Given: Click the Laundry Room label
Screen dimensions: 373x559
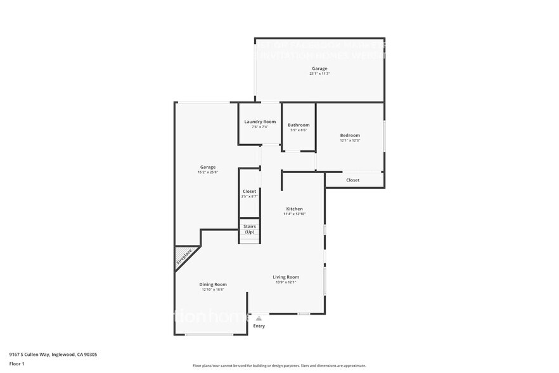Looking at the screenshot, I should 260,121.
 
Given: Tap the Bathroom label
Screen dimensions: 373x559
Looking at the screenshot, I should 299,125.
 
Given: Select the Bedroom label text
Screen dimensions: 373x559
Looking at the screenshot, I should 350,135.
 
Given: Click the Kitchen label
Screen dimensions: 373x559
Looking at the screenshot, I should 294,209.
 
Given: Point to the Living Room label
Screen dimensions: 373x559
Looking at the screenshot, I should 286,277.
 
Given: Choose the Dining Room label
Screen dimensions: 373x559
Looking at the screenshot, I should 213,284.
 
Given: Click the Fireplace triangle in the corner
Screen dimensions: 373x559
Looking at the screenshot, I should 183,257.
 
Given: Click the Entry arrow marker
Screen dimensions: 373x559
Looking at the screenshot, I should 259,318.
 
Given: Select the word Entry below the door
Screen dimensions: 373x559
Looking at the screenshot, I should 259,326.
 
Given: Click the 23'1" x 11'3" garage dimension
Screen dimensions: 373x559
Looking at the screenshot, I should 319,74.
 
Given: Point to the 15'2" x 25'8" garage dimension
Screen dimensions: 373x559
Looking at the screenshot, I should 208,173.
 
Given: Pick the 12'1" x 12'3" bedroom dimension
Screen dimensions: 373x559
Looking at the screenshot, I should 350,141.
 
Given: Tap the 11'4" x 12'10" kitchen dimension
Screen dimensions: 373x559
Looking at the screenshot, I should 294,214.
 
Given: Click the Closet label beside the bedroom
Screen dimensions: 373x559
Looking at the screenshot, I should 353,180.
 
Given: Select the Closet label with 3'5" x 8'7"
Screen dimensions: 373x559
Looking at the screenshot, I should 249,191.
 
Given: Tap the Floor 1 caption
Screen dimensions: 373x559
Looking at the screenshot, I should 17,363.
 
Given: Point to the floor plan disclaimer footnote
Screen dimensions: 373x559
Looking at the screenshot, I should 279,365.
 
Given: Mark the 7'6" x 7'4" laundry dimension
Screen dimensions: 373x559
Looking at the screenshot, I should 260,127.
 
